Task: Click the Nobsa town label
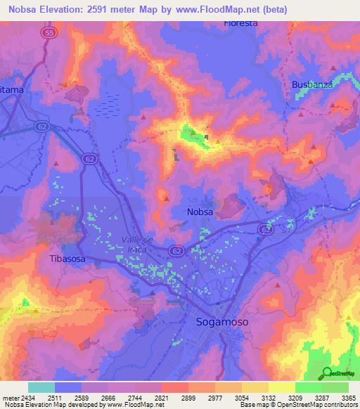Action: pos(200,212)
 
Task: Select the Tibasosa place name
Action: pos(68,258)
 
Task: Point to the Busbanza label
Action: pos(311,85)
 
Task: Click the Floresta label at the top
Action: pos(240,23)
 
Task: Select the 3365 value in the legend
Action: pos(348,398)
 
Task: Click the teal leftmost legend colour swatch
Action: pos(41,387)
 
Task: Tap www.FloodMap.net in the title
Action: pos(217,8)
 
